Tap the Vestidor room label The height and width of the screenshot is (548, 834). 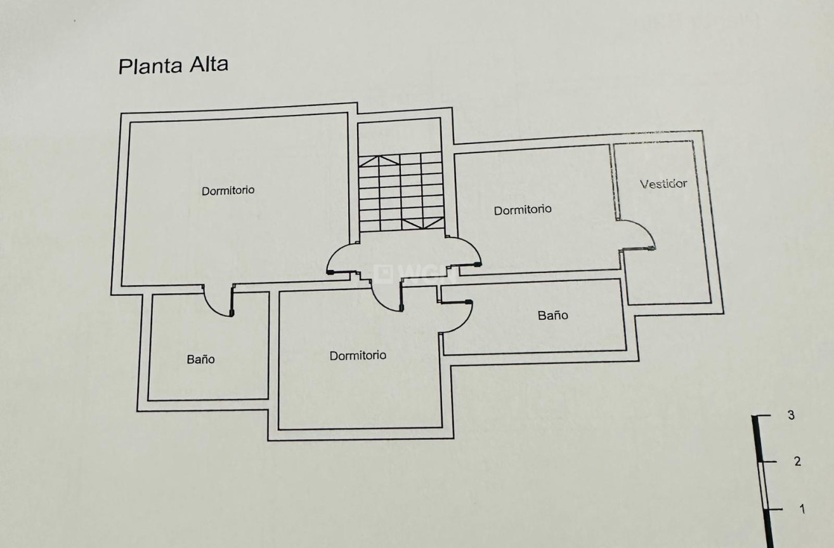point(663,184)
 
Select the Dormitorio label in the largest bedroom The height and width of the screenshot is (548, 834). point(228,190)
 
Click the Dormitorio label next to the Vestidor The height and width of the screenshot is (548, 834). point(523,210)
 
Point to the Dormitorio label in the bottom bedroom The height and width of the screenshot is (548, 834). point(358,356)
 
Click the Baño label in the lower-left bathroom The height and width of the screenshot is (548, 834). point(200,359)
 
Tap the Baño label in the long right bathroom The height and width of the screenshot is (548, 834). point(553,315)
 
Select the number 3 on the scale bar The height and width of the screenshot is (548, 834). point(791,416)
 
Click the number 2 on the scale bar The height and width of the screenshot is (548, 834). point(797,462)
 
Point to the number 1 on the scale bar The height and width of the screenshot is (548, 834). point(802,509)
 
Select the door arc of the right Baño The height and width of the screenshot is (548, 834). point(459,317)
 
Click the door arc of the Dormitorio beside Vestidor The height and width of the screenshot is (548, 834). point(466,250)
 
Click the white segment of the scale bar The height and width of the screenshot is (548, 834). point(763,485)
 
